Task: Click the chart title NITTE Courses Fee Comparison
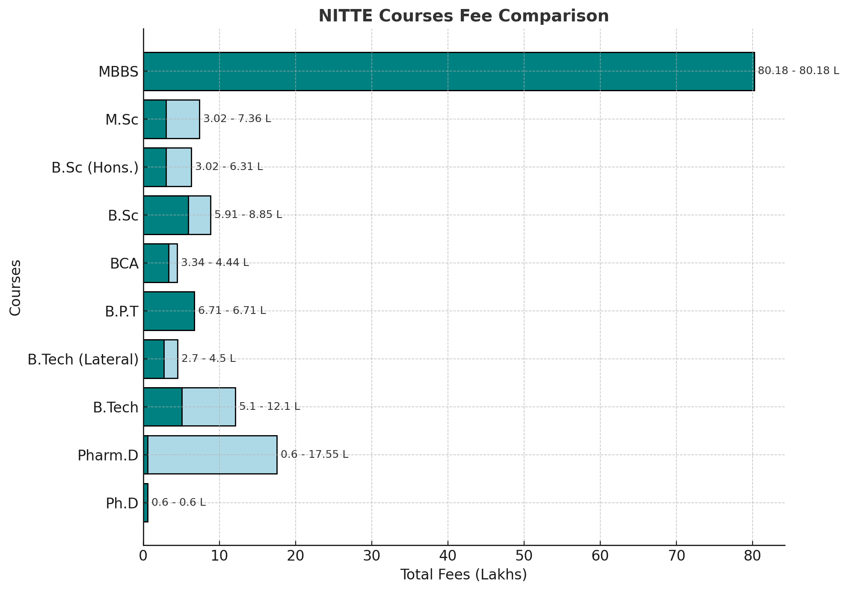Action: [463, 16]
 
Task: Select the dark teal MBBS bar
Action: [448, 72]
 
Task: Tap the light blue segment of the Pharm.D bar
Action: [212, 455]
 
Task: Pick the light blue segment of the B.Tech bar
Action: [209, 407]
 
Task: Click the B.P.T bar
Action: [169, 311]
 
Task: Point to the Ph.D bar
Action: [146, 503]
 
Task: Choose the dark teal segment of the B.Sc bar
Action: [166, 215]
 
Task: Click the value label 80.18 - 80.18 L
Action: [798, 71]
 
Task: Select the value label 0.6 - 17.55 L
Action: [314, 454]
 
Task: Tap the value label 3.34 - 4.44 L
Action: [215, 263]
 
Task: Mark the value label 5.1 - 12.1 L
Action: [270, 406]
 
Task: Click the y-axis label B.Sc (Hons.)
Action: [95, 168]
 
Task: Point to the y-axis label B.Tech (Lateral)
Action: [83, 360]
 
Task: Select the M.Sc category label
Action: [122, 120]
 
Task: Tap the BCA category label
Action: [124, 264]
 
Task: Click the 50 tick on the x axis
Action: [524, 556]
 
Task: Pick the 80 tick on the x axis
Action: [753, 556]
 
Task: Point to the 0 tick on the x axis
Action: [143, 556]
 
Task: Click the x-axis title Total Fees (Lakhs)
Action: [463, 575]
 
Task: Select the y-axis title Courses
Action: [15, 287]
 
